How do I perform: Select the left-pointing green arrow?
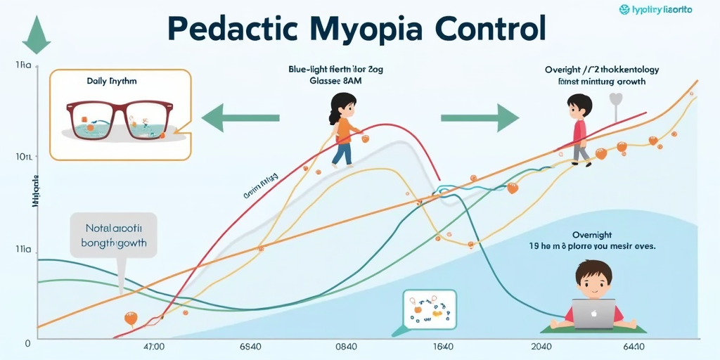(x=240, y=117)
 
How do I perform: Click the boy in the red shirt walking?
(x=579, y=130)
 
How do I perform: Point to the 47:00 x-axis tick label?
(x=153, y=347)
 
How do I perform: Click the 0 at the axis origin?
(x=27, y=344)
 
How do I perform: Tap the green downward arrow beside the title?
(x=34, y=34)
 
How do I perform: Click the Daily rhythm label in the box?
(x=112, y=81)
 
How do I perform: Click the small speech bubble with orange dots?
(x=428, y=309)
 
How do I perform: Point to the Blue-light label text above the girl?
(x=335, y=70)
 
